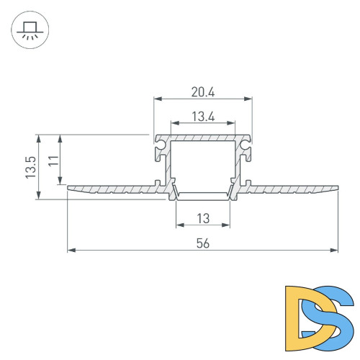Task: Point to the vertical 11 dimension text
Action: (53, 160)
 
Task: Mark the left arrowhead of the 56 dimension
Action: (71, 251)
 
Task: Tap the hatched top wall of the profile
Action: (202, 137)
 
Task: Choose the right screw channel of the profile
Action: (245, 149)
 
